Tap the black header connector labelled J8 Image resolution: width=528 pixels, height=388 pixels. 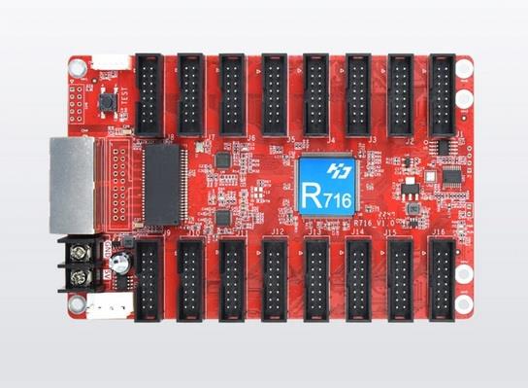coord(148,94)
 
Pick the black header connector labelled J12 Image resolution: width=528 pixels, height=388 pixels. coord(275,279)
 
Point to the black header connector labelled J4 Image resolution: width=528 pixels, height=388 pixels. coord(316,94)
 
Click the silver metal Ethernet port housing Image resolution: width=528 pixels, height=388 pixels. coord(71,185)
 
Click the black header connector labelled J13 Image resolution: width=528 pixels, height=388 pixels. coord(316,279)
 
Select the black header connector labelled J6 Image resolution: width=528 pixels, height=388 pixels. coord(233,94)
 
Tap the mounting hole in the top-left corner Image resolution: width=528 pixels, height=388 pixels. coord(77,66)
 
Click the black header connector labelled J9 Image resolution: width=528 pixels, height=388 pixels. coord(148,279)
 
